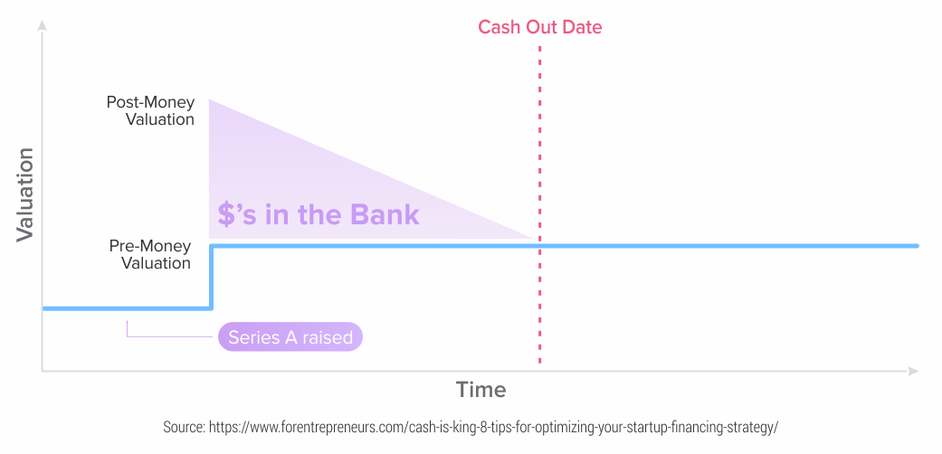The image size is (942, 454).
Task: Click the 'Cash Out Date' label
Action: coord(539,27)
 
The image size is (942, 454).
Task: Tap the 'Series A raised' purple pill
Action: coord(290,337)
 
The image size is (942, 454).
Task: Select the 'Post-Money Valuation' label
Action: coord(151,110)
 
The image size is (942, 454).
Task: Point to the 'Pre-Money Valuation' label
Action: coord(150,255)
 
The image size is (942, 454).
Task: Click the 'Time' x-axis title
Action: coord(481,390)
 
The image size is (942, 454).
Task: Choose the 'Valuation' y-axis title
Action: coord(24,194)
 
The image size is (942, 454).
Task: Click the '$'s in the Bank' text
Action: coord(318,214)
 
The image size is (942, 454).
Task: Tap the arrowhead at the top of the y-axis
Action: coord(42,24)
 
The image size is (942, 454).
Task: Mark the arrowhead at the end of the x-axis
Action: coord(913,371)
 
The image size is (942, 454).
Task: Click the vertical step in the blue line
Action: coord(212,277)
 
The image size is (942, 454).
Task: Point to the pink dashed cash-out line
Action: coord(539,204)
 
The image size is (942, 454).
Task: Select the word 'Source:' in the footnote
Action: coord(183,428)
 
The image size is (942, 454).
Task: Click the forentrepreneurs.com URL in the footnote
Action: coord(493,428)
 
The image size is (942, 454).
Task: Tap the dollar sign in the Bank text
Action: coord(225,215)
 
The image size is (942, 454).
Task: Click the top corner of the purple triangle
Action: coord(209,99)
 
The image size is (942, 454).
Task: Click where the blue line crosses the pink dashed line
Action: coord(539,246)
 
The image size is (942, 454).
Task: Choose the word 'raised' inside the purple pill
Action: coord(328,337)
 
